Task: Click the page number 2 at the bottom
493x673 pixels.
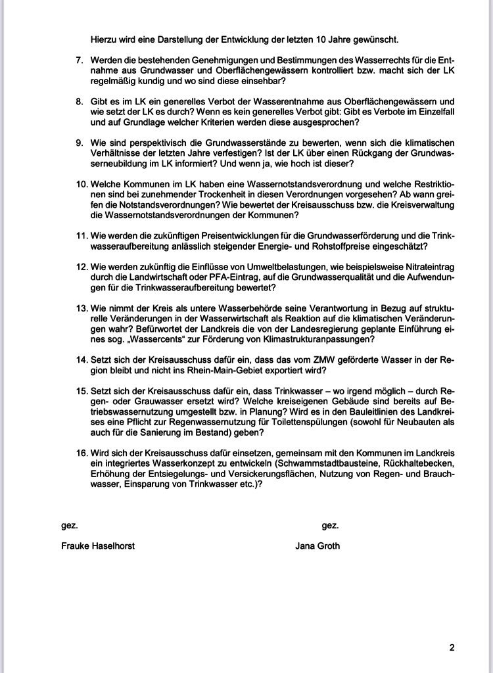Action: [452, 647]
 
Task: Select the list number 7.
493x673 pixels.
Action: [80, 60]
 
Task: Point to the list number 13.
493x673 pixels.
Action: [82, 309]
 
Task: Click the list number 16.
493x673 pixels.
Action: [82, 453]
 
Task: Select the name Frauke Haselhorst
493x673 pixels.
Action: [98, 545]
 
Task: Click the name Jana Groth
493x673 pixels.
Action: [317, 545]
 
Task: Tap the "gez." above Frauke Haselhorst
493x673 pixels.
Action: [69, 525]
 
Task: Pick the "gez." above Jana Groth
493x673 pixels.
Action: [330, 525]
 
